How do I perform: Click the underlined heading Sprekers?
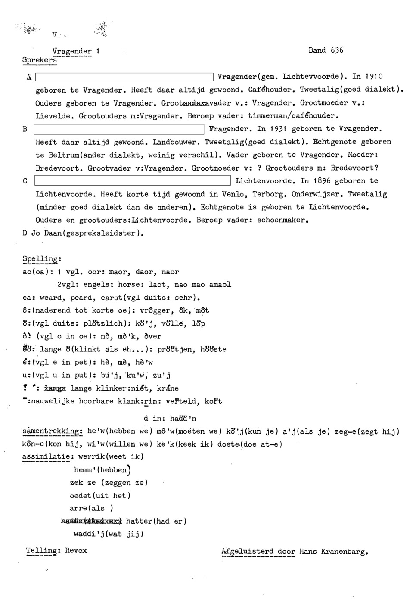click(x=39, y=60)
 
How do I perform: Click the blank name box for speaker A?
click(x=124, y=77)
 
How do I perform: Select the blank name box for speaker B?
click(x=119, y=129)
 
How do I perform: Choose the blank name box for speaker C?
click(x=133, y=181)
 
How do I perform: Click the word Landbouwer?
click(x=174, y=142)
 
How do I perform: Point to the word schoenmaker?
click(x=282, y=220)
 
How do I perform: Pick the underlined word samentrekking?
click(x=52, y=431)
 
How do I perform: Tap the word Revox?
click(x=76, y=551)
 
